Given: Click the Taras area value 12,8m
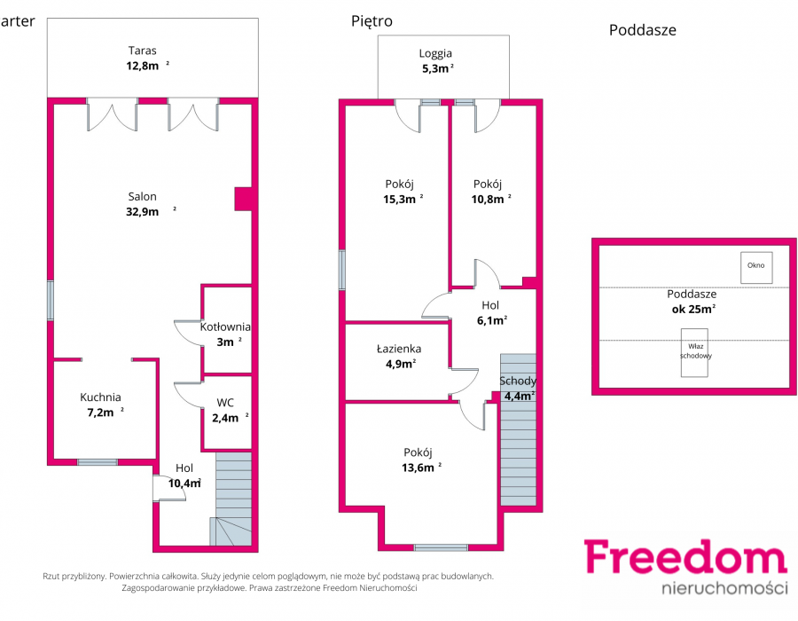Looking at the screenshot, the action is [143, 66].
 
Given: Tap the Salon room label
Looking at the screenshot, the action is [142, 196].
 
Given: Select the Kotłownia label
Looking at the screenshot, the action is [225, 326].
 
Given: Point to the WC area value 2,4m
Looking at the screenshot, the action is [225, 418].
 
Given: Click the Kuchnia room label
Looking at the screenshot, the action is [100, 397].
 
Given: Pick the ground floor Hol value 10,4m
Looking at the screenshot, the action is [184, 483].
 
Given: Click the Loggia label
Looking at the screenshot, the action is [435, 53].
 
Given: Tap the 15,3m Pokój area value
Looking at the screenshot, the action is [400, 199].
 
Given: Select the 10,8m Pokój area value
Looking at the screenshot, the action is [488, 199].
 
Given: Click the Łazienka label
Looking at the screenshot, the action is [399, 349].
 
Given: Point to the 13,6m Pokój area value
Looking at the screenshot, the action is [418, 468].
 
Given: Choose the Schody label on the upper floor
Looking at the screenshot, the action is [518, 381].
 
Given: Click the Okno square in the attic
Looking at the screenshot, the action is [756, 268].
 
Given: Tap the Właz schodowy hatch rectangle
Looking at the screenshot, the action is [694, 353].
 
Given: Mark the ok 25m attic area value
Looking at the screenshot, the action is [693, 309].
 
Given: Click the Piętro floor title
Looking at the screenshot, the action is [372, 21].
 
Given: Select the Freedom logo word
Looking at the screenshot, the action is [686, 557].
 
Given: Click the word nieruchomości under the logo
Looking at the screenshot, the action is [724, 588].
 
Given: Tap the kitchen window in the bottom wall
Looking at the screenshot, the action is [98, 462].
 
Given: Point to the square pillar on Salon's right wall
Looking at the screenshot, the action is [243, 199].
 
